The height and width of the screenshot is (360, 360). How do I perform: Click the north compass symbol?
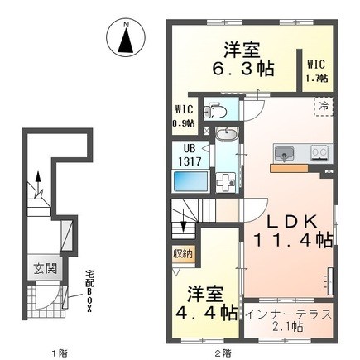pos(126,39)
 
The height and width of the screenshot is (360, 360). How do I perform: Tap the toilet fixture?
pos(215,110)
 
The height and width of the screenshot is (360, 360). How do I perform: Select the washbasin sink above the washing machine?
pos(226,135)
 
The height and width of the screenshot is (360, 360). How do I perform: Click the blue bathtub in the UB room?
pos(190,180)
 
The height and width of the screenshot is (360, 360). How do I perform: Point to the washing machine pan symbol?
pos(225,182)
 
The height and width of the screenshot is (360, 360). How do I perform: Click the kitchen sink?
pos(284,153)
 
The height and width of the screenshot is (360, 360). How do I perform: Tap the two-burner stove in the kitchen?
pos(319,152)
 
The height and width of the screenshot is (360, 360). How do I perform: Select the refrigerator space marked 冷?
pos(324,107)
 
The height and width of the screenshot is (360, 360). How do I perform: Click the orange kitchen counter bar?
pos(289,168)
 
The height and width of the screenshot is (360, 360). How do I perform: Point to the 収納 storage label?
pos(183,254)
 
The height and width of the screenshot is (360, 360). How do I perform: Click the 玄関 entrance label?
pos(46,269)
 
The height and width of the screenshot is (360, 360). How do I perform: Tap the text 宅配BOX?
pos(89,292)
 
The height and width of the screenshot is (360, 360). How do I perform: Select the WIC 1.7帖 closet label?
pos(318,71)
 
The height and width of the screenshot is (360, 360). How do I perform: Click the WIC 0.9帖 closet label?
pos(184,116)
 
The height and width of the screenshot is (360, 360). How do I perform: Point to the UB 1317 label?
pos(190,156)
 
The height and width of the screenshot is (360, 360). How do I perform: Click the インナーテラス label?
pos(288,314)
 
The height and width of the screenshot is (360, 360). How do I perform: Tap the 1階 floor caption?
pos(60,353)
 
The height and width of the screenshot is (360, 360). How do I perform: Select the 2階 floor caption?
pos(223,353)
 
